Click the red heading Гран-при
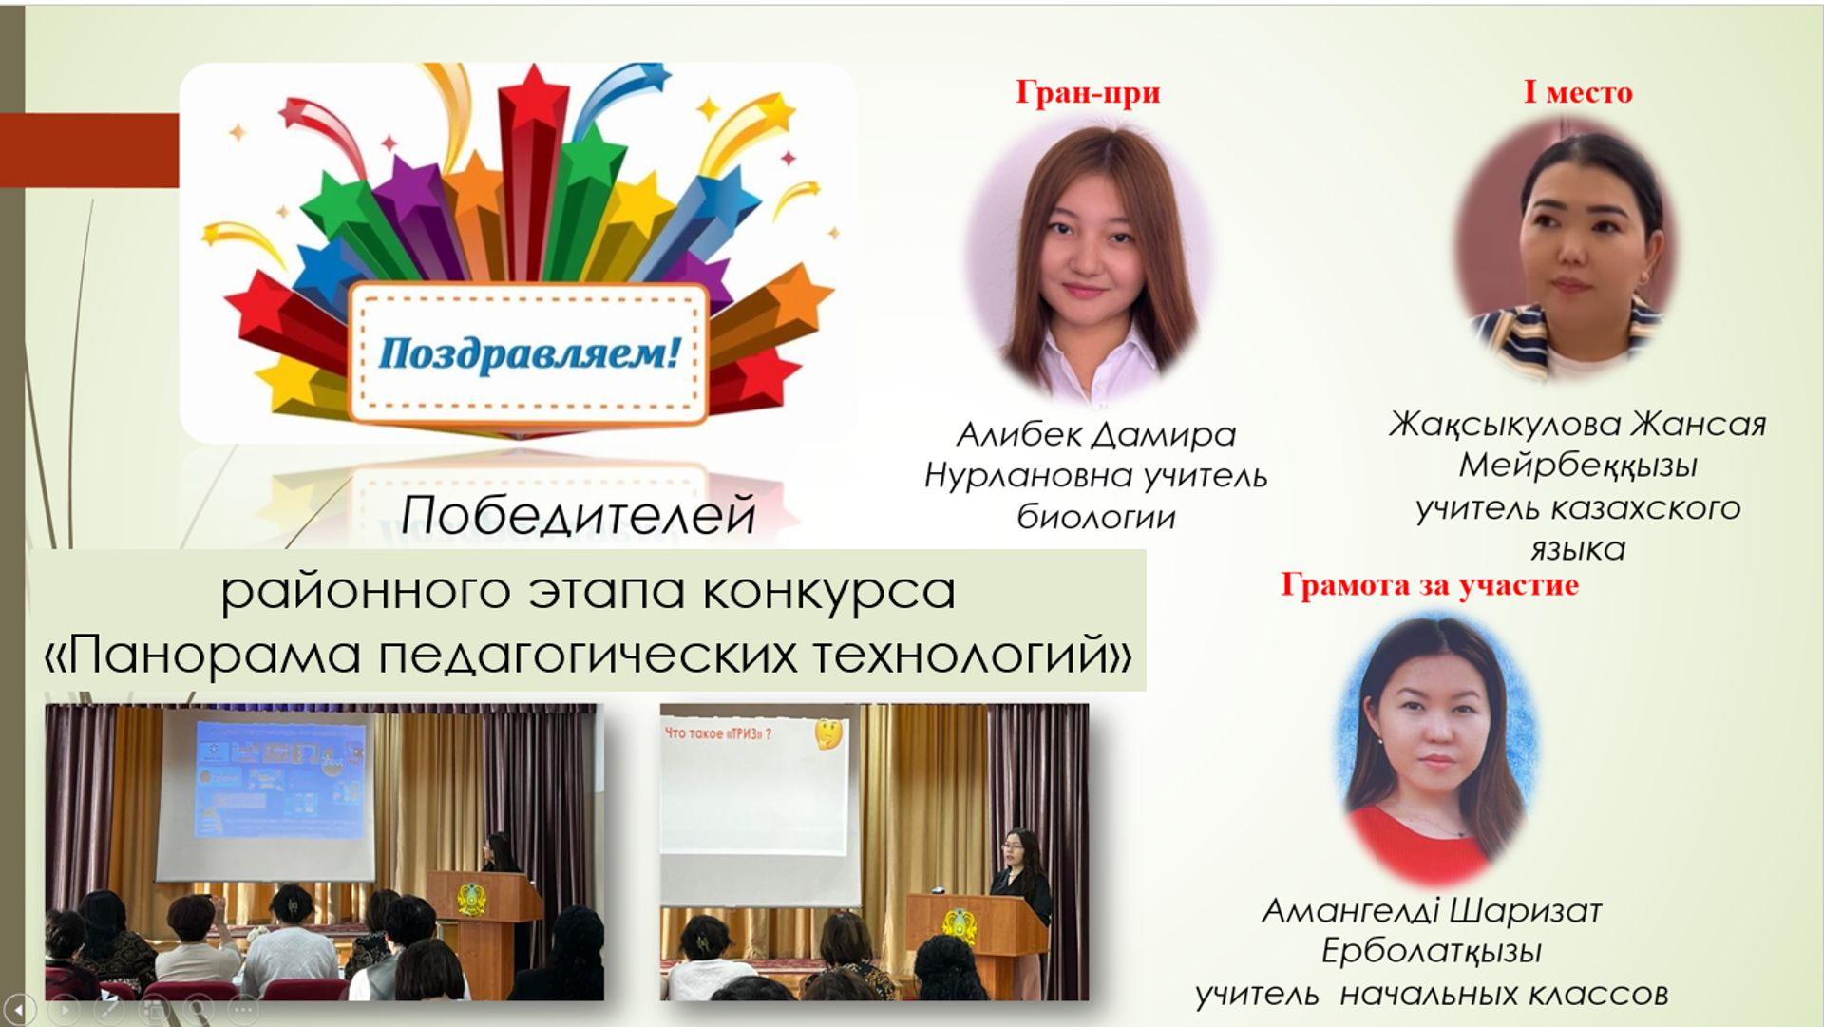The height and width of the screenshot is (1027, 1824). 1088,92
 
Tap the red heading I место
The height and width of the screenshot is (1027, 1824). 1578,92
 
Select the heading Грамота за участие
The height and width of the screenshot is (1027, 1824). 1430,584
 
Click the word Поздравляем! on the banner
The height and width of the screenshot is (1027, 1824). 529,353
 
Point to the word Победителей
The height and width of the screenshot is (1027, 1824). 579,516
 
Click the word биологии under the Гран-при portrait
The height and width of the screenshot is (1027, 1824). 1096,518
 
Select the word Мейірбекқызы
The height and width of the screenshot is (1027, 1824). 1578,466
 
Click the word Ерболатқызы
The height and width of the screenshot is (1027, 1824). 1432,952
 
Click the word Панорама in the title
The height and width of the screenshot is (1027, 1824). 215,655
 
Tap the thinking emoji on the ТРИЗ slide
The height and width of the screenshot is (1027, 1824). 828,733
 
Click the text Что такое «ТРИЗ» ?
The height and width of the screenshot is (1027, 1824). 718,733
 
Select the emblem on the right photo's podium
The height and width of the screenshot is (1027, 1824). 959,924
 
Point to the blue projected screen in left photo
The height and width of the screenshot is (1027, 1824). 279,779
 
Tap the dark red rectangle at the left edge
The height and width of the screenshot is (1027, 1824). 89,150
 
